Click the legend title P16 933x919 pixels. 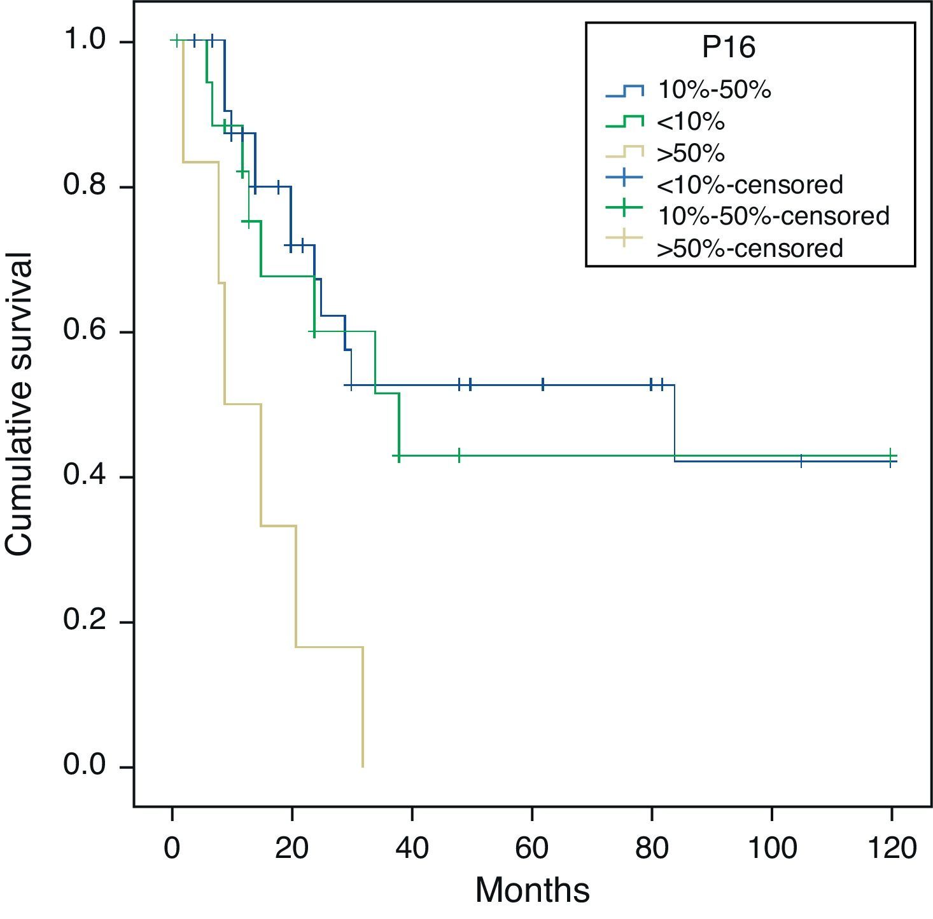[x=729, y=48]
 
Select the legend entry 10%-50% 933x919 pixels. [x=714, y=90]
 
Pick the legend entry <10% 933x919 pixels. [x=691, y=121]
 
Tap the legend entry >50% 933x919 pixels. [x=691, y=153]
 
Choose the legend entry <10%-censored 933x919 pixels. [x=749, y=184]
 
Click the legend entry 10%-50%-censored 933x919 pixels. [x=773, y=216]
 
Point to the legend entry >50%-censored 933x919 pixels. [x=749, y=248]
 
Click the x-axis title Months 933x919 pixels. [x=532, y=890]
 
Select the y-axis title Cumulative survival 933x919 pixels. [x=19, y=404]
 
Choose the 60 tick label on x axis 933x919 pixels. [x=532, y=849]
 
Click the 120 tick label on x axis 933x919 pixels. [x=891, y=849]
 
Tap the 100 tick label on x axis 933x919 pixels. [x=771, y=849]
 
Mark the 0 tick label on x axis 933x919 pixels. [x=172, y=849]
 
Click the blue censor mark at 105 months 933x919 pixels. [x=801, y=461]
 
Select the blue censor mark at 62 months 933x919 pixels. [x=543, y=385]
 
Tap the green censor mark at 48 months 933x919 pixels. [x=459, y=455]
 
